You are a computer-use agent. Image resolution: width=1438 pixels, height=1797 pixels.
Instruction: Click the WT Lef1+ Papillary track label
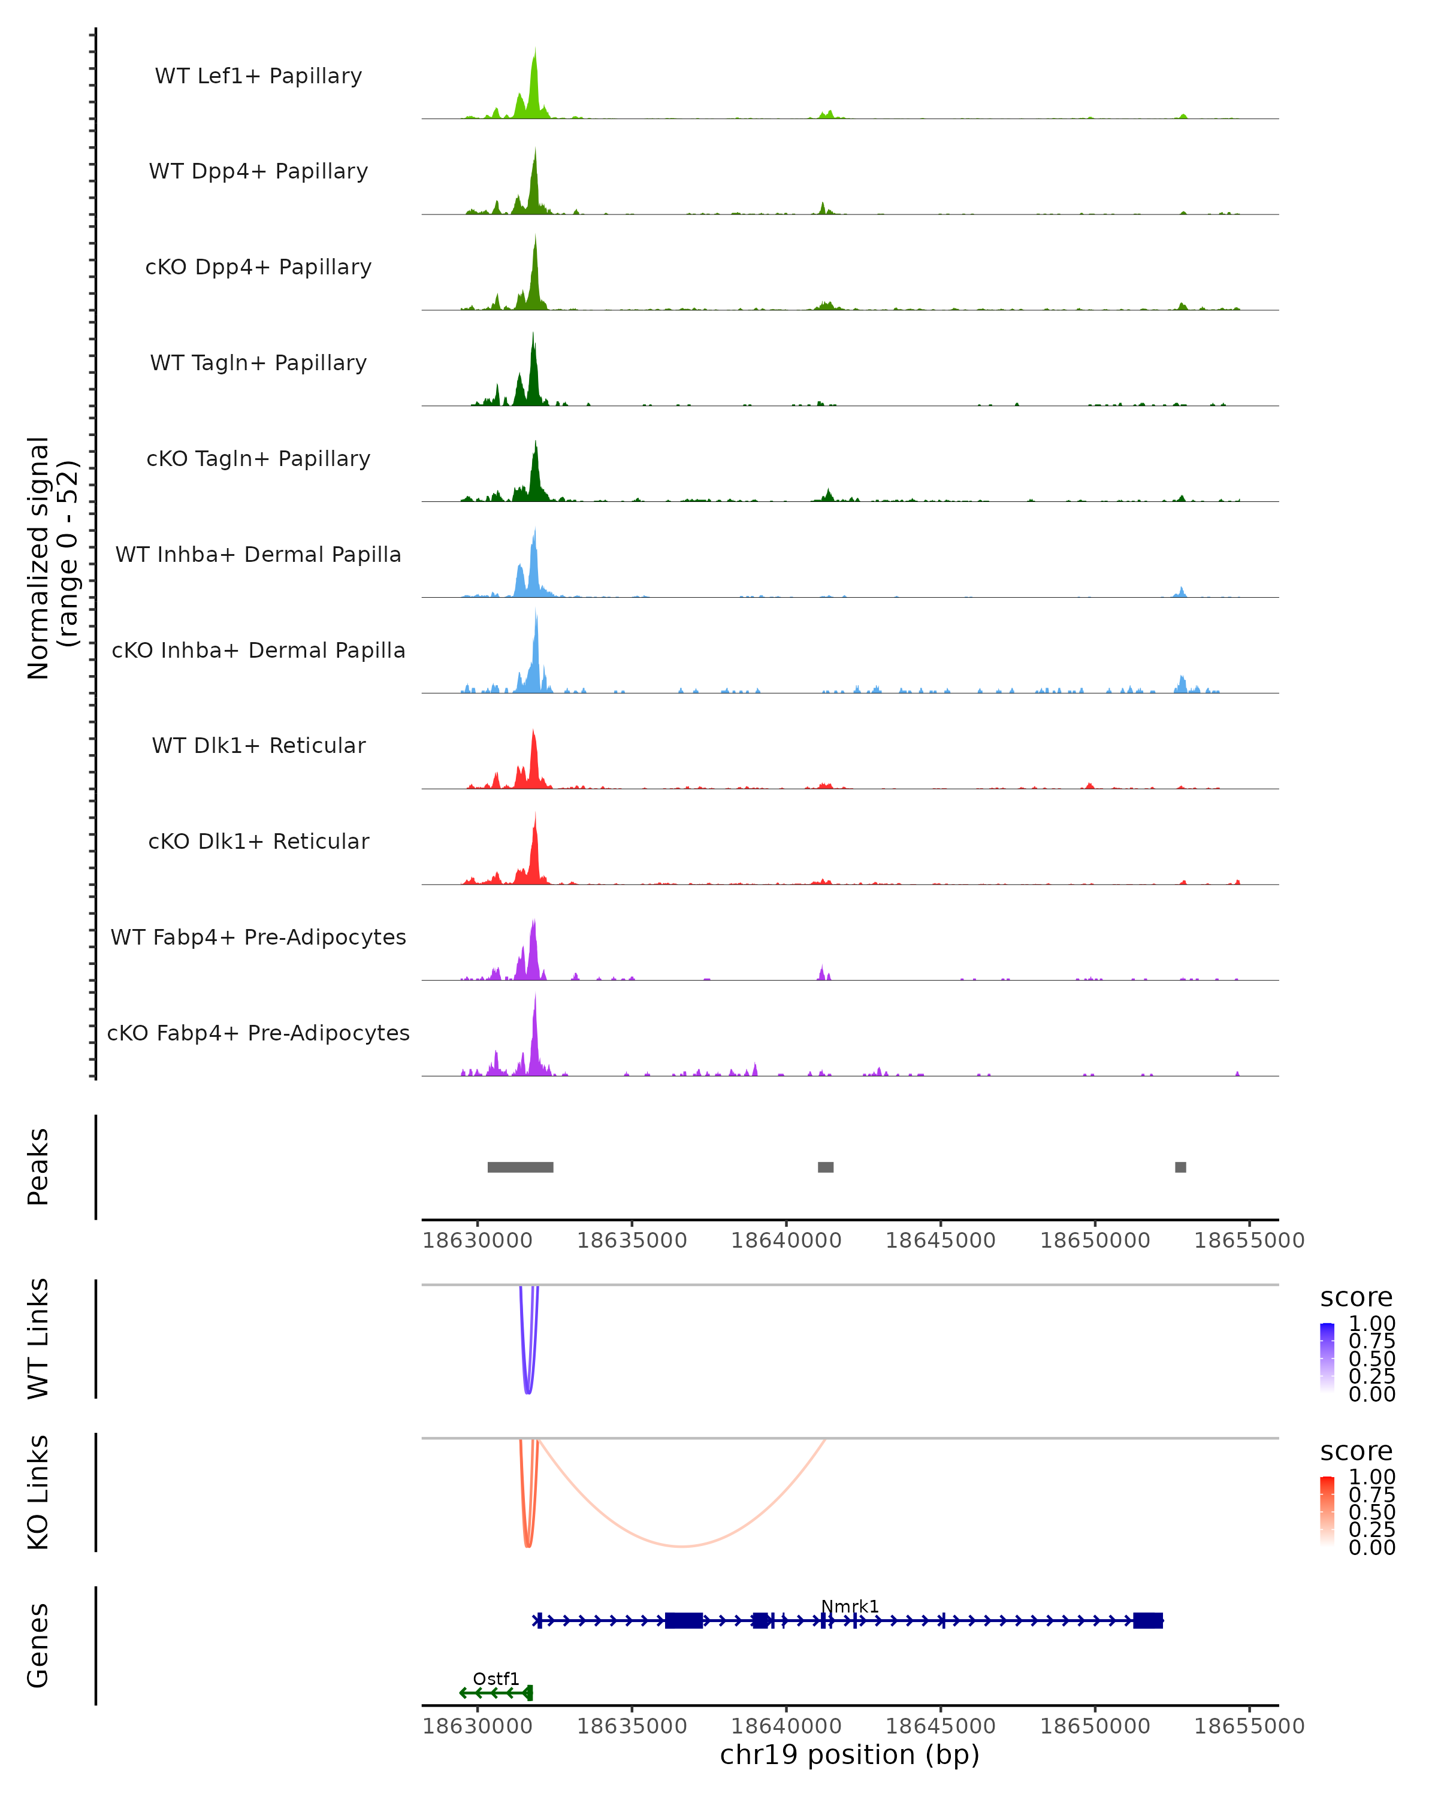[258, 76]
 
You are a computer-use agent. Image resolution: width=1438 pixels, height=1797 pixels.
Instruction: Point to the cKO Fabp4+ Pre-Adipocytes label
[258, 1033]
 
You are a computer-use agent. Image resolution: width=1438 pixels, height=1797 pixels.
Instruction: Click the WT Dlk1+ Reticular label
[258, 745]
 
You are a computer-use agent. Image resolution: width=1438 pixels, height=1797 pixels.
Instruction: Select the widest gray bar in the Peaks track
[520, 1167]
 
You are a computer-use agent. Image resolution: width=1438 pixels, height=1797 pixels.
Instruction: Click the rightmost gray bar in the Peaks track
[1180, 1167]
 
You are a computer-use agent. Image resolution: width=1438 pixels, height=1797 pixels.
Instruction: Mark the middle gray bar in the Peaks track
[825, 1167]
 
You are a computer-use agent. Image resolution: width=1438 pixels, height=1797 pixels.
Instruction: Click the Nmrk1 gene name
[850, 1606]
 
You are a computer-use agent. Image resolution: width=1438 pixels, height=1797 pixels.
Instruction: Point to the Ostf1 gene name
[496, 1678]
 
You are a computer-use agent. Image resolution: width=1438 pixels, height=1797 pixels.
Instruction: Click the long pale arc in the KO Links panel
[682, 1546]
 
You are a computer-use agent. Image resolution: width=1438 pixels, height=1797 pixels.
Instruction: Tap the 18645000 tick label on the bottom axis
[940, 1725]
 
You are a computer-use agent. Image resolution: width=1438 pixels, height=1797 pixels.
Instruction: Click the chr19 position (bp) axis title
[850, 1755]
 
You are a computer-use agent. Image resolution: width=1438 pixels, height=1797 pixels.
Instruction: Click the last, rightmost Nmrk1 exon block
[1148, 1620]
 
